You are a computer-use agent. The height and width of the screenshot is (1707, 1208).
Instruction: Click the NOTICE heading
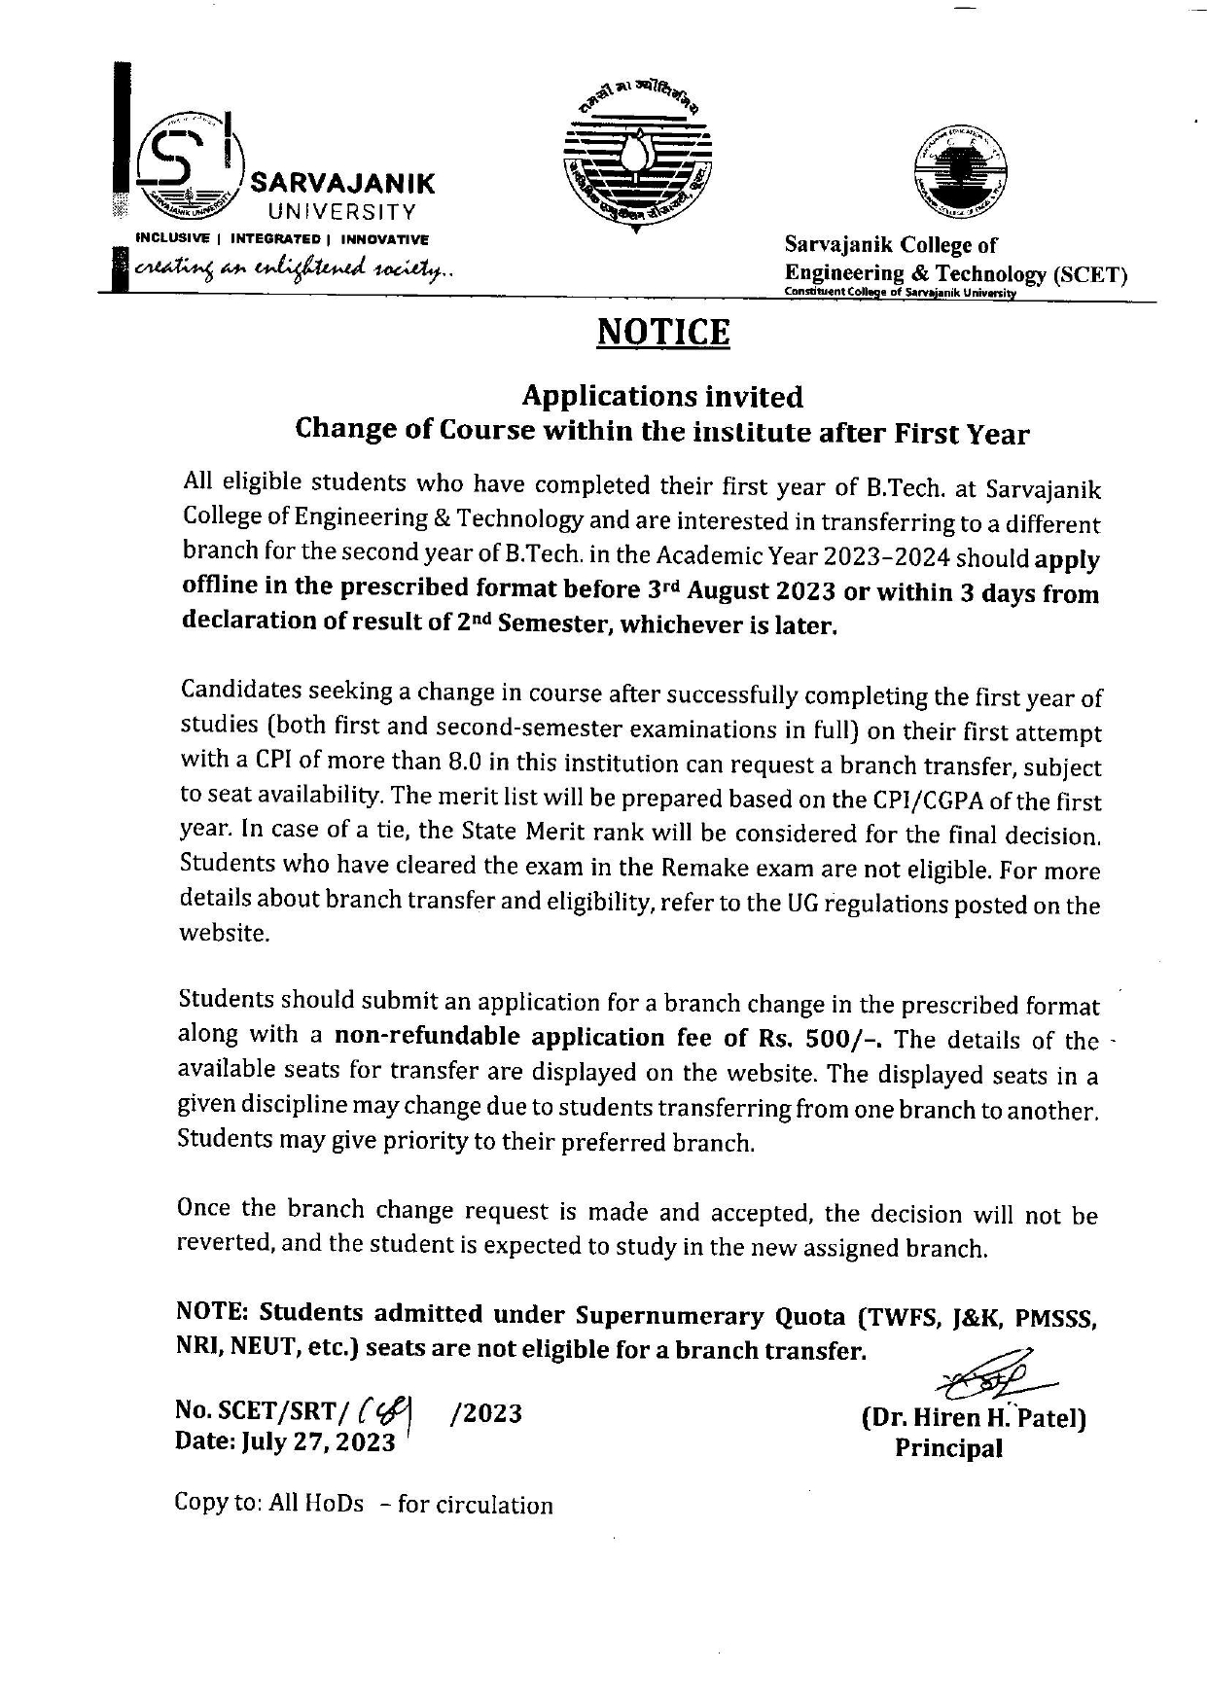coord(662,333)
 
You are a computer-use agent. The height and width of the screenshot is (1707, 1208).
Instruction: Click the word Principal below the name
coord(948,1448)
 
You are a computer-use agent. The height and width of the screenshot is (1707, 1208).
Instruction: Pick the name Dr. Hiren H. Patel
coord(974,1418)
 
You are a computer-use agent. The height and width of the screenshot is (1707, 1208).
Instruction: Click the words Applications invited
coord(662,396)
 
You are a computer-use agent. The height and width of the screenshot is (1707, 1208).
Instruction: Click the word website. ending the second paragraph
coord(224,933)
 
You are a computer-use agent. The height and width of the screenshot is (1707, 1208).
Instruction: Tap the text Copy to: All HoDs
coord(269,1503)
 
